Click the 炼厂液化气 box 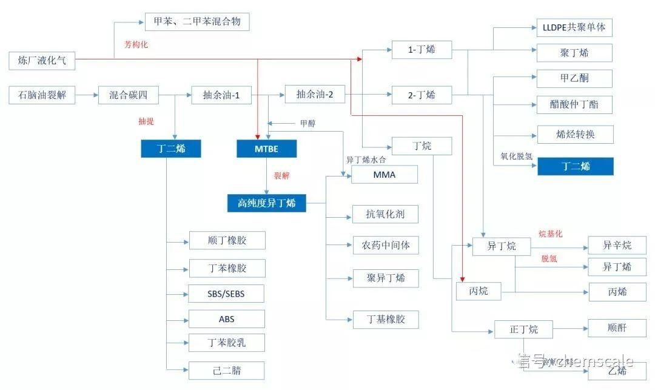point(42,61)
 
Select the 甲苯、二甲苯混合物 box point(197,22)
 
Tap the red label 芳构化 point(136,44)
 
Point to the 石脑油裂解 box point(42,95)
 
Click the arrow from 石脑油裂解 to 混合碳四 point(87,95)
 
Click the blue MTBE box point(266,149)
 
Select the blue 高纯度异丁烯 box point(266,203)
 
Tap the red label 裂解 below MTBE point(282,176)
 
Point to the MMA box point(385,175)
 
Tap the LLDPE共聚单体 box point(574,27)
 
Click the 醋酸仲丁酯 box point(574,104)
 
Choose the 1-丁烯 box point(422,50)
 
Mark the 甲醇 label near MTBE point(307,124)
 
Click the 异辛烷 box point(617,245)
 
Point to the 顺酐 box point(617,328)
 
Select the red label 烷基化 point(551,234)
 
